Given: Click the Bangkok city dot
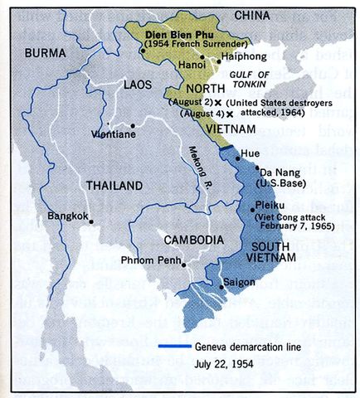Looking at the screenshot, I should [91, 221].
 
